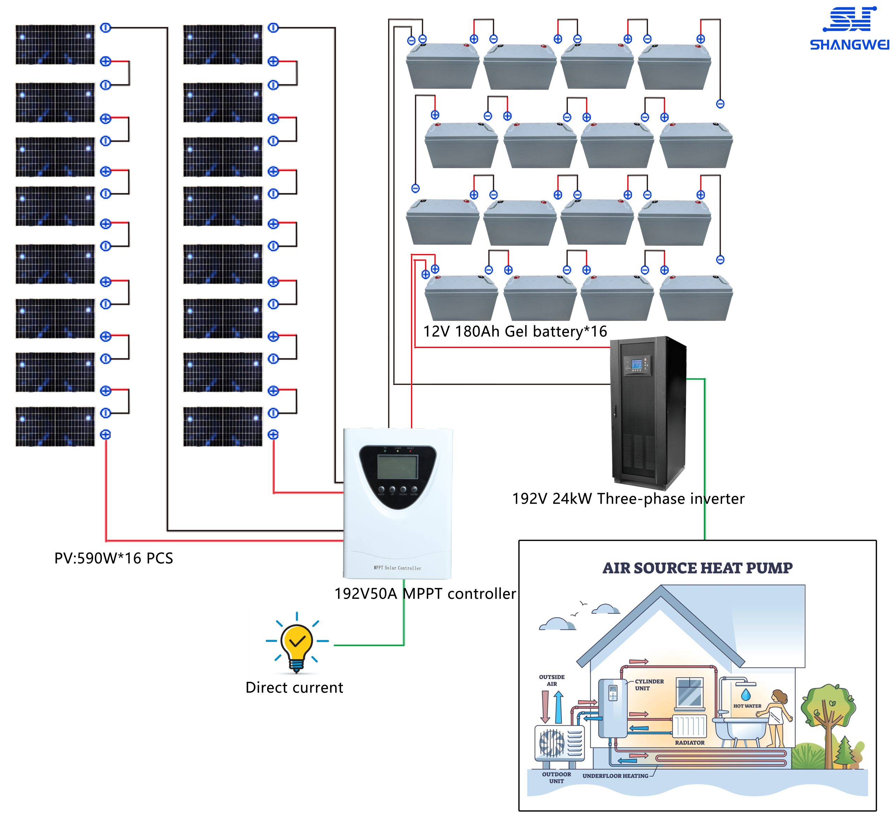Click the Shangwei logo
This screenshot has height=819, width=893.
click(849, 29)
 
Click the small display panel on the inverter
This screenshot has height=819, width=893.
click(637, 365)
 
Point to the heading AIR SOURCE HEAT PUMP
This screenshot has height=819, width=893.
click(697, 568)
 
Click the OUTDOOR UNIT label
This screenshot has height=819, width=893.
click(556, 778)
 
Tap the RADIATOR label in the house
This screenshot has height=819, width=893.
click(689, 743)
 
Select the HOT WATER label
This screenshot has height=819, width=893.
click(747, 706)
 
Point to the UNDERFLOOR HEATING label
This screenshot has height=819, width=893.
click(615, 776)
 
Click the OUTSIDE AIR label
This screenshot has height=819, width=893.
click(551, 680)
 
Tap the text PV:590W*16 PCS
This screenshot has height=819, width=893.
click(113, 558)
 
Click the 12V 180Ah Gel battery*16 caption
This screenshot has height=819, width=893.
click(515, 332)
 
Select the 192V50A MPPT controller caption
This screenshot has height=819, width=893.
click(425, 594)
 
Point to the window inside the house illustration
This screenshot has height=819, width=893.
click(689, 692)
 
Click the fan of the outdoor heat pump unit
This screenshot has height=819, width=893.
click(551, 743)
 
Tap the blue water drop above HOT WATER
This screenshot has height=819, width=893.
click(746, 694)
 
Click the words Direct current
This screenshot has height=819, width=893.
click(294, 687)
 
